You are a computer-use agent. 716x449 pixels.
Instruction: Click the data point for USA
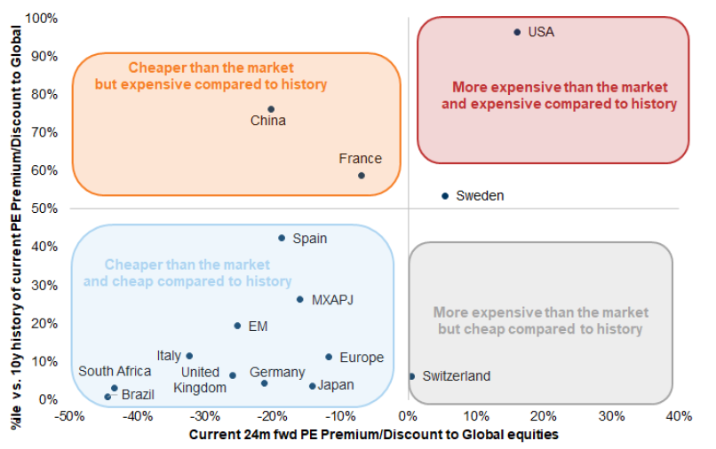517,32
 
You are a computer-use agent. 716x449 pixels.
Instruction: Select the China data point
271,109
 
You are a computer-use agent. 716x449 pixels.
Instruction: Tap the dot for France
362,176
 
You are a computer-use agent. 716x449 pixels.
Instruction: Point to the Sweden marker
445,196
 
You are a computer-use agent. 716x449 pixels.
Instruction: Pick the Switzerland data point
411,376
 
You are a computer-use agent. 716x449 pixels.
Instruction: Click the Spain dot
282,238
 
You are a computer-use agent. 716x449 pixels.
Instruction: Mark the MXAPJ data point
299,299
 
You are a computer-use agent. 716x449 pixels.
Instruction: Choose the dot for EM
237,326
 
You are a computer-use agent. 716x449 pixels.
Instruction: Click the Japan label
336,385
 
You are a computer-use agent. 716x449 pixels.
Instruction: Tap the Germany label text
276,373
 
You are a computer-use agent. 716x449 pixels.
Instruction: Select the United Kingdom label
200,380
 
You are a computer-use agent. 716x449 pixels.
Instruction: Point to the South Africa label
115,372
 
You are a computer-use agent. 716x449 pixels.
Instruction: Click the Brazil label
138,394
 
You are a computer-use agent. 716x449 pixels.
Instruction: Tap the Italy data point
189,356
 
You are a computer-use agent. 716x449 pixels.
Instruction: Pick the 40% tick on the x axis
679,415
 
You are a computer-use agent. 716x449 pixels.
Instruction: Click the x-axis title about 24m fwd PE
373,434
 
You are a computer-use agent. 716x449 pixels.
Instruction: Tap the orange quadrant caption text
211,76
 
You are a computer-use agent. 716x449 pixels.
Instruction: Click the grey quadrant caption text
540,321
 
